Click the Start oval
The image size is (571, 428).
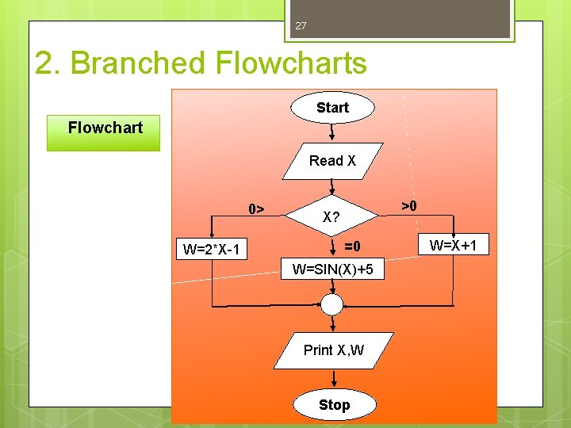[332, 108]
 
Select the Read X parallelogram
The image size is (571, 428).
[332, 161]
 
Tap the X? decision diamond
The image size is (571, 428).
[331, 216]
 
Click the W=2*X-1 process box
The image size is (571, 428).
[212, 249]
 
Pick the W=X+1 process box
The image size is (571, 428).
[454, 244]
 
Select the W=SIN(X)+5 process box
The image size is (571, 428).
[332, 269]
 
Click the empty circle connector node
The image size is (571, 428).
[331, 304]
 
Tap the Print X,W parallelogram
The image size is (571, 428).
[334, 350]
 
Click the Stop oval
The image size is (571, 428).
[335, 405]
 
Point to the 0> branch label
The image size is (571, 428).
[256, 209]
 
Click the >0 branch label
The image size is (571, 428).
[409, 206]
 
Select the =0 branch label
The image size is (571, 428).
[352, 246]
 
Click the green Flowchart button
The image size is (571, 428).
[103, 133]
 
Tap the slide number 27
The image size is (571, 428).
[301, 26]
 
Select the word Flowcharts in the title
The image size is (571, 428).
[291, 63]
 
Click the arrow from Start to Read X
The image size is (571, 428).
[331, 132]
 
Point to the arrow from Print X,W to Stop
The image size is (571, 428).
[334, 379]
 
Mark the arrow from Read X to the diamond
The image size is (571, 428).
[331, 187]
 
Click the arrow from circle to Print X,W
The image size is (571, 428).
[332, 323]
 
